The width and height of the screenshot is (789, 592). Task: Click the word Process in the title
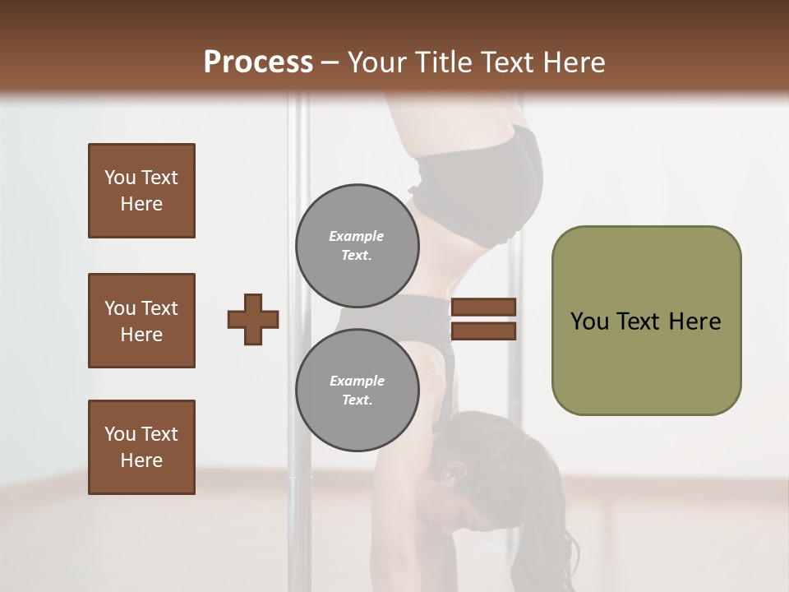pyautogui.click(x=258, y=62)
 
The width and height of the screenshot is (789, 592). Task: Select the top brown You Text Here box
pyautogui.click(x=141, y=191)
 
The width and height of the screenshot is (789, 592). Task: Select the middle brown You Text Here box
pyautogui.click(x=141, y=321)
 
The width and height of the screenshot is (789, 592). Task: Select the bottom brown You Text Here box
pyautogui.click(x=141, y=447)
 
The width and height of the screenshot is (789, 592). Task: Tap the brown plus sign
pyautogui.click(x=253, y=319)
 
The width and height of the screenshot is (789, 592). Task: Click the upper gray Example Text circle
pyautogui.click(x=357, y=246)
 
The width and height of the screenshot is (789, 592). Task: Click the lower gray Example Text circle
pyautogui.click(x=357, y=391)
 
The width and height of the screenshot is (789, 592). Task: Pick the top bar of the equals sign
pyautogui.click(x=483, y=308)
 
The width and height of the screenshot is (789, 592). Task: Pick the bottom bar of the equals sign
pyautogui.click(x=483, y=331)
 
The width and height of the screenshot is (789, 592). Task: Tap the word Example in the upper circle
pyautogui.click(x=357, y=237)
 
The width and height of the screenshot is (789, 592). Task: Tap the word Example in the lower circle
pyautogui.click(x=357, y=382)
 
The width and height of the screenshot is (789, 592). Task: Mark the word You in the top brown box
pyautogui.click(x=120, y=178)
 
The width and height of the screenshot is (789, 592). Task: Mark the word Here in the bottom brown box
pyautogui.click(x=141, y=460)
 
